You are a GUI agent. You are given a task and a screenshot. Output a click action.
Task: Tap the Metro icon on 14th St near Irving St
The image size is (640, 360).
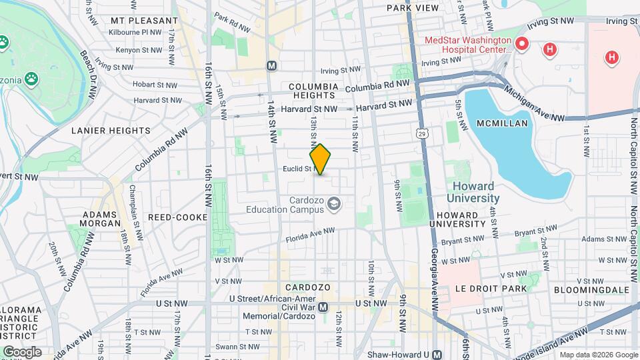tap(271, 65)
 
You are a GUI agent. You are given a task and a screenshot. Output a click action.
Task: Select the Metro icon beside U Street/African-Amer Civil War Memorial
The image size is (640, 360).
tap(323, 307)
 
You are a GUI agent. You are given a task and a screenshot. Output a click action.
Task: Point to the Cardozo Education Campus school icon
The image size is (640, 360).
tap(335, 204)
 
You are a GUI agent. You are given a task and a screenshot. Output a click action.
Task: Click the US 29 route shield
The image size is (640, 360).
tap(423, 134)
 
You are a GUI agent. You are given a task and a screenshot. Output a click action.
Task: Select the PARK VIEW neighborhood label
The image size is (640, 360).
tap(413, 8)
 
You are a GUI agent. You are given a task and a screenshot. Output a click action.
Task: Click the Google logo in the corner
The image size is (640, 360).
tap(22, 351)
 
